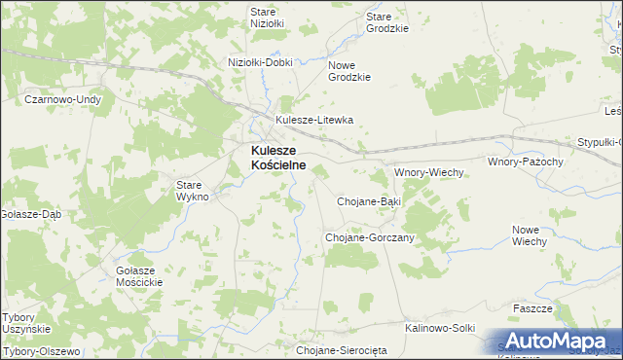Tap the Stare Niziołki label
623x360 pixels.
tap(266, 18)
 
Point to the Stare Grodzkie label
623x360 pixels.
tap(386, 22)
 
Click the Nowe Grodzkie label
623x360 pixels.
tap(350, 70)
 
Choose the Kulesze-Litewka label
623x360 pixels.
tap(314, 121)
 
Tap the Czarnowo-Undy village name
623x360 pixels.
tap(63, 99)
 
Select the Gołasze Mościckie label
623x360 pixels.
tap(138, 275)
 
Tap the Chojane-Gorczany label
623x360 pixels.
tap(370, 237)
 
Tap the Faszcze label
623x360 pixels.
tap(532, 308)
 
